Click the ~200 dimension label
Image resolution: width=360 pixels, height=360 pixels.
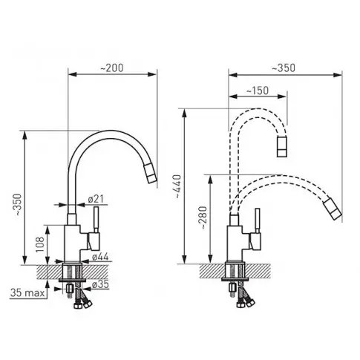click(111, 68)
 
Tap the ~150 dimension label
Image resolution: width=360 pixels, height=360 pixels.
click(258, 91)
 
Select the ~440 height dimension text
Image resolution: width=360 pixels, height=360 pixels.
click(177, 186)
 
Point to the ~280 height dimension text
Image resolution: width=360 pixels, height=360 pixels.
click(203, 217)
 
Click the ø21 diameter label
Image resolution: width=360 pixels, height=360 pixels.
click(96, 199)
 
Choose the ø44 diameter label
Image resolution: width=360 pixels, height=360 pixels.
click(100, 257)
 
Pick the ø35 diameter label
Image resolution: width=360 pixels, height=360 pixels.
click(100, 284)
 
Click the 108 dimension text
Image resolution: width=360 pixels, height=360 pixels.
click(40, 245)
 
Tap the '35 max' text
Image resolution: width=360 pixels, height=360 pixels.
click(27, 293)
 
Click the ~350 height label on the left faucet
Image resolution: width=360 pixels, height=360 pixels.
click(19, 204)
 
